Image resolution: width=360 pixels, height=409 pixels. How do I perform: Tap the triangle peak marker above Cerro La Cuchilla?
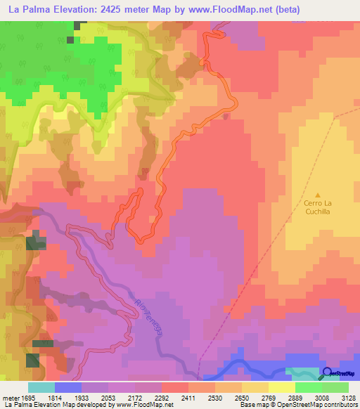(318, 195)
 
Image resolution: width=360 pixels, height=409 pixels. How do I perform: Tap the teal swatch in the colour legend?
(41, 388)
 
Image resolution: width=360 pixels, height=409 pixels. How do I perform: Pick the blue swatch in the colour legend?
(67, 388)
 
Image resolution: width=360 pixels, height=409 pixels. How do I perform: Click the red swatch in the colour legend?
(174, 388)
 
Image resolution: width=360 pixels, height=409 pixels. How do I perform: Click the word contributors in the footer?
(341, 405)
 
